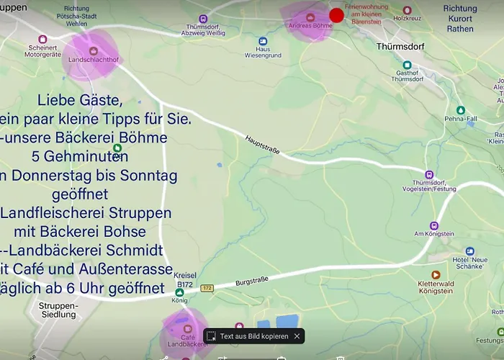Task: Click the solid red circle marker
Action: [x=336, y=15]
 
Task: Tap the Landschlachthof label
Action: [x=94, y=60]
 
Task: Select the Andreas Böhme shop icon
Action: [x=310, y=17]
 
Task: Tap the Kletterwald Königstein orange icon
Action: [x=435, y=274]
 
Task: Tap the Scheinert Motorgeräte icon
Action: [x=42, y=39]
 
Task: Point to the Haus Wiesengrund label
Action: [x=263, y=51]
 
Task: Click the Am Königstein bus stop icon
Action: [x=433, y=225]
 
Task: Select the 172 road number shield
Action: [x=207, y=288]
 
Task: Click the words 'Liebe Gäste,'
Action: [x=80, y=99]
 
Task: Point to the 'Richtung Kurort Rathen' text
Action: [x=460, y=19]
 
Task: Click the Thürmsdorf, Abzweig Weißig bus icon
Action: [x=203, y=19]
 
